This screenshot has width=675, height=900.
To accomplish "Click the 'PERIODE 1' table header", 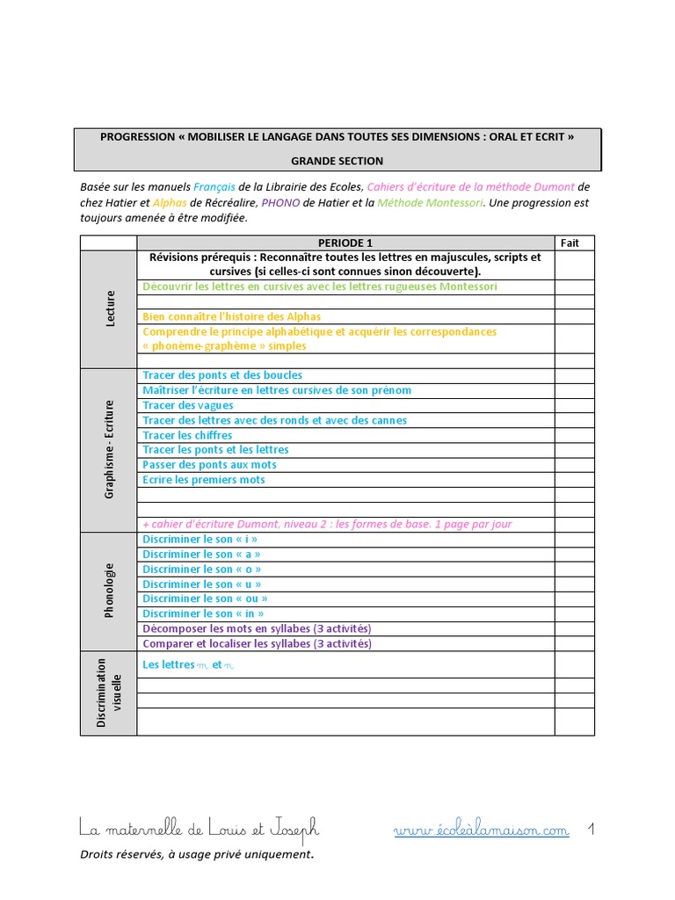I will [x=345, y=243].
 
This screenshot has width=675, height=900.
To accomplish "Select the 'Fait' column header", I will [x=570, y=243].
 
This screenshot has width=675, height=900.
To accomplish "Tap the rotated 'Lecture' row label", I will [x=110, y=309].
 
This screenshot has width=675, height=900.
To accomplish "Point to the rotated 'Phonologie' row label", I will [x=110, y=591].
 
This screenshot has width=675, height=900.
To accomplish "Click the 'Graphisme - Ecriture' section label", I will [x=110, y=449].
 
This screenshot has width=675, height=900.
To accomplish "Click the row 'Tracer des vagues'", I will [x=188, y=405].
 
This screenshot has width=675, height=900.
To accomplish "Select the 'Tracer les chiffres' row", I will [x=187, y=435].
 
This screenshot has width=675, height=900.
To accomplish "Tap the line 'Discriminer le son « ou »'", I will [x=205, y=599].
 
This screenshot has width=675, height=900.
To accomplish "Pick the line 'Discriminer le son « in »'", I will [x=203, y=613].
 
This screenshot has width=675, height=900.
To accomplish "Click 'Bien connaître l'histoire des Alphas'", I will [x=231, y=316].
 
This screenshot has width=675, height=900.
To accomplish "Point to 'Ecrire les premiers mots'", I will [x=203, y=480].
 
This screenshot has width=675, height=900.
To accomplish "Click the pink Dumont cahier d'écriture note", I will [x=327, y=524].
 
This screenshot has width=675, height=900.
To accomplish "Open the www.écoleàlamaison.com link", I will [x=481, y=831].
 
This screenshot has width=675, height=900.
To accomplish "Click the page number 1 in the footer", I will [x=592, y=829].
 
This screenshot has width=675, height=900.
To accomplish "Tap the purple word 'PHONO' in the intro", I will [x=281, y=202].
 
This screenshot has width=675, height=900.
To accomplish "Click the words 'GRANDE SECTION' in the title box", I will [x=337, y=161].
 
